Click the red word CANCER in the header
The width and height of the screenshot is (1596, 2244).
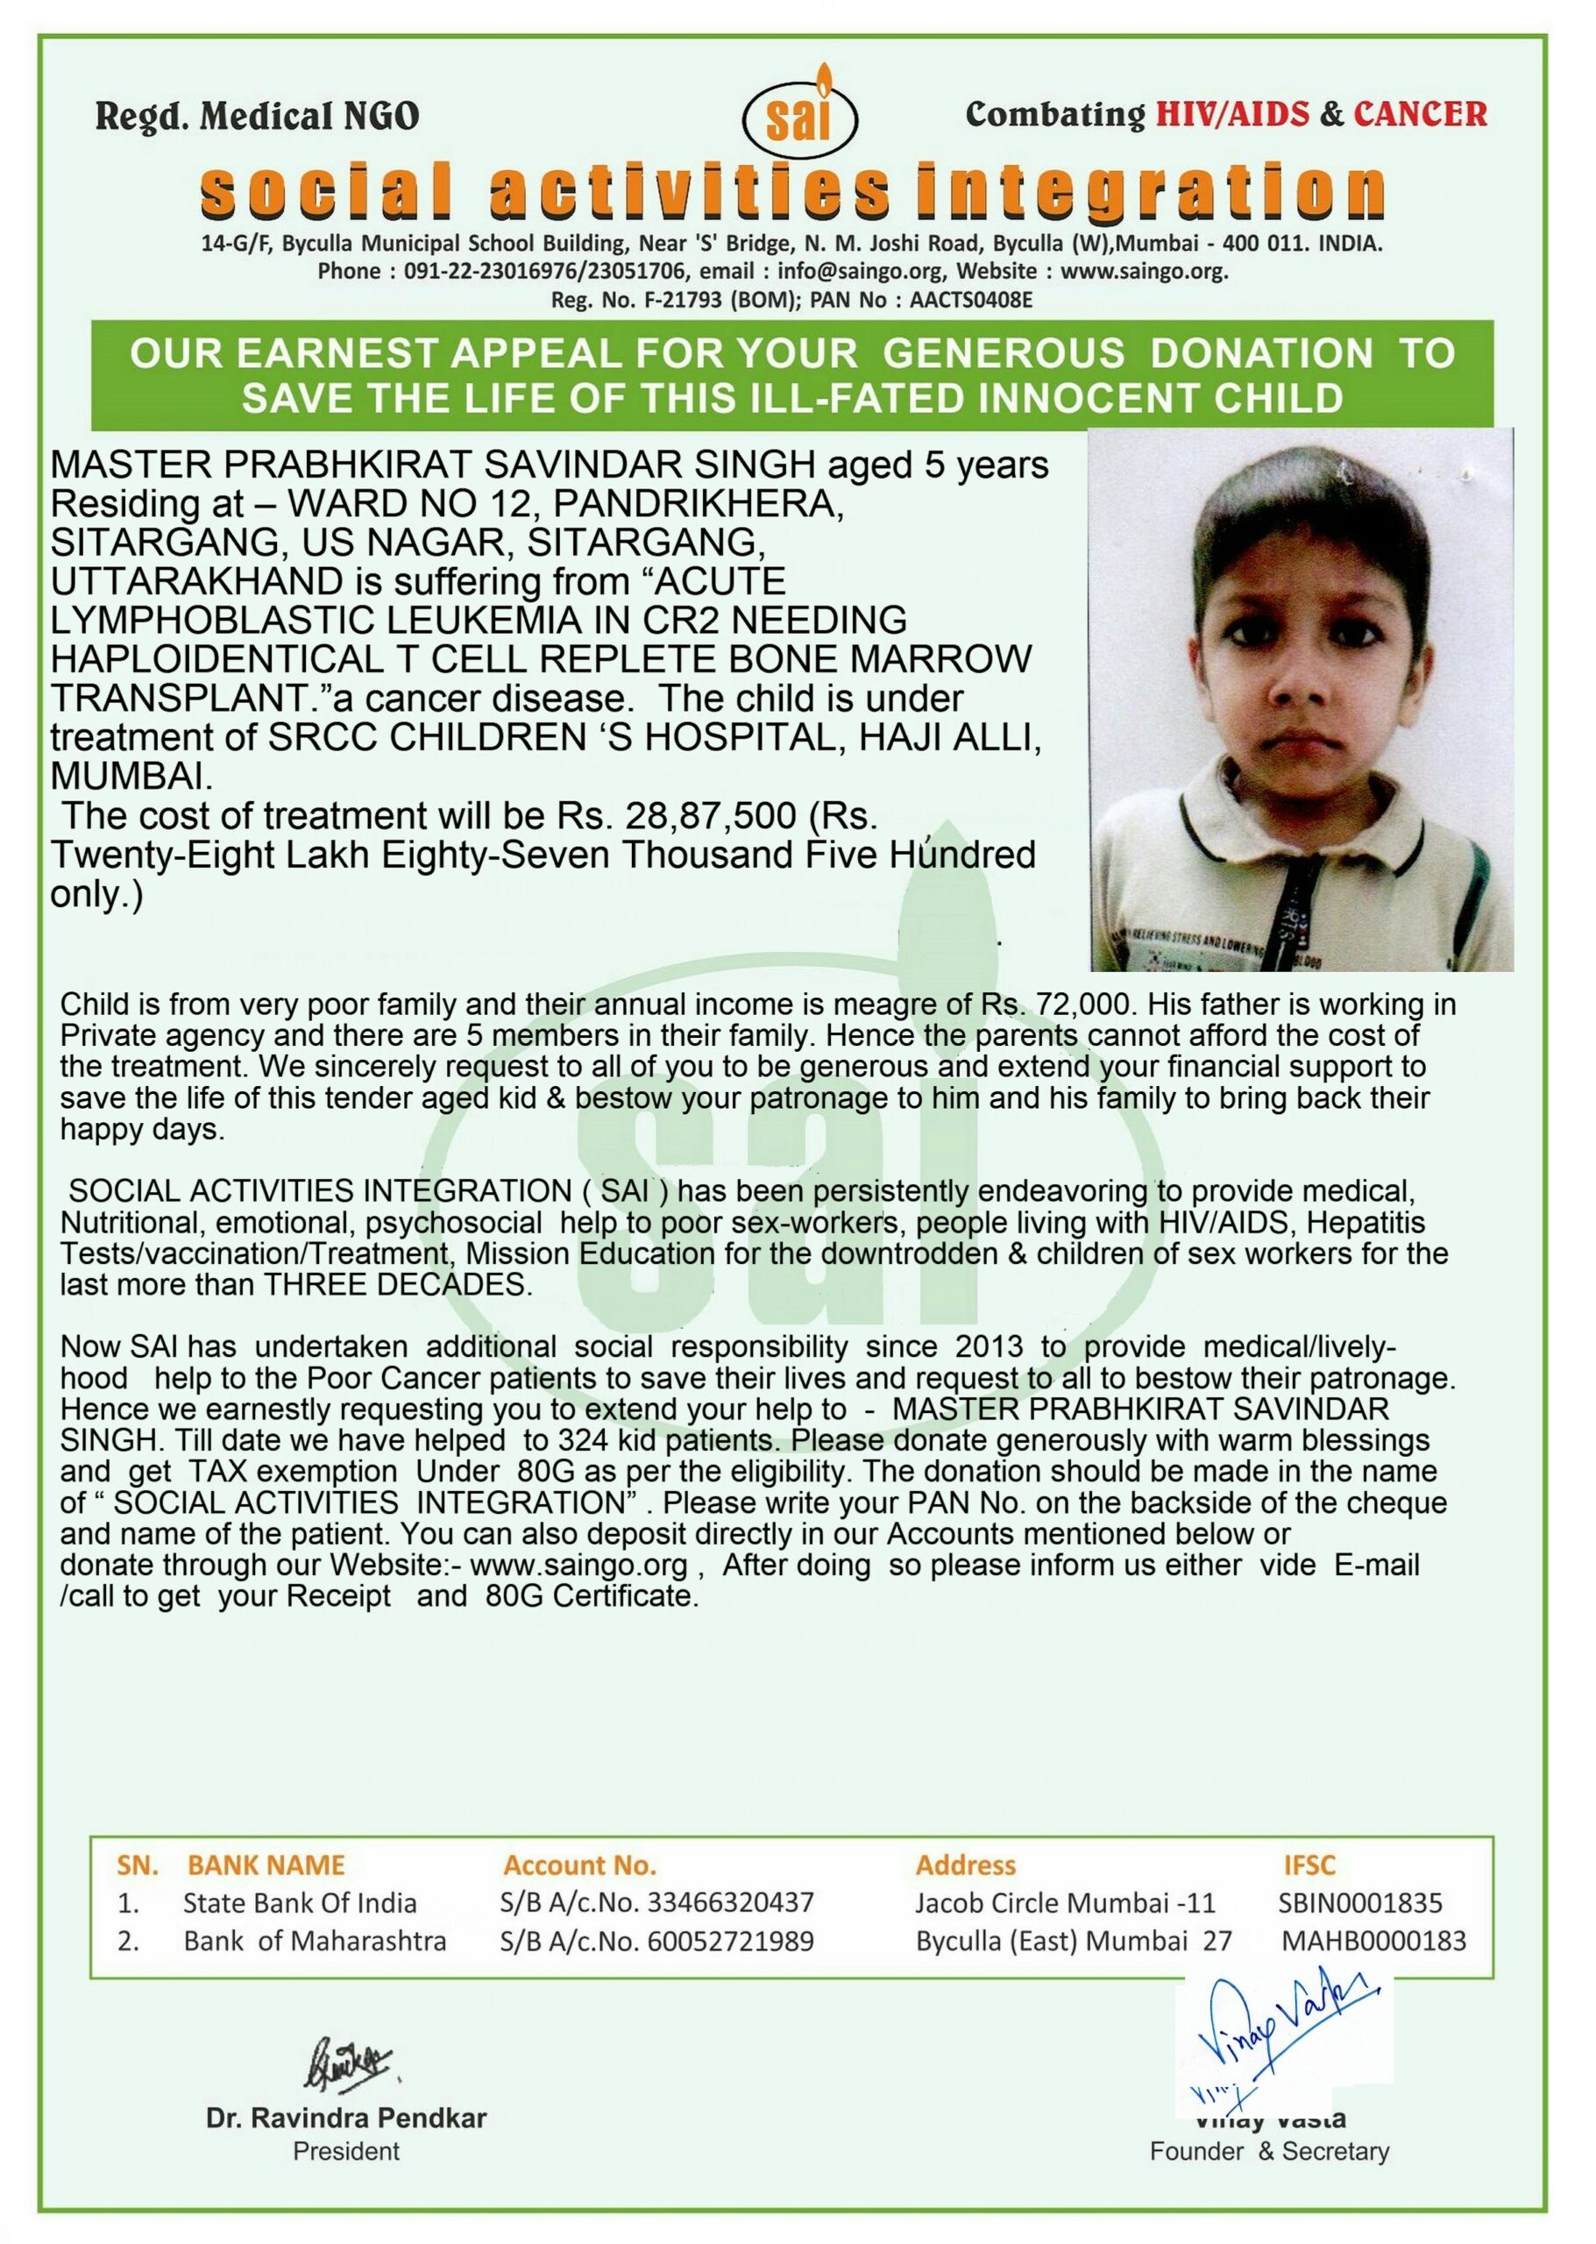[x=1420, y=114]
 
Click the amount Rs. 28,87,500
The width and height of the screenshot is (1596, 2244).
[x=676, y=816]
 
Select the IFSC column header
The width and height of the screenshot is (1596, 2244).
[x=1309, y=1865]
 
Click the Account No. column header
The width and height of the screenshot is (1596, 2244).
[x=580, y=1865]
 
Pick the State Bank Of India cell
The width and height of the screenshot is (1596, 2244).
[x=300, y=1903]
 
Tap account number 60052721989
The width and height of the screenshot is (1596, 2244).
[x=730, y=1942]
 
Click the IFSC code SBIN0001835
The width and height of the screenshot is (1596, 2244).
[x=1360, y=1903]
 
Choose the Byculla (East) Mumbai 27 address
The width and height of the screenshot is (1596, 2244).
[x=1073, y=1942]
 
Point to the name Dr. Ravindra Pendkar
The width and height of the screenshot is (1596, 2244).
[x=346, y=2117]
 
